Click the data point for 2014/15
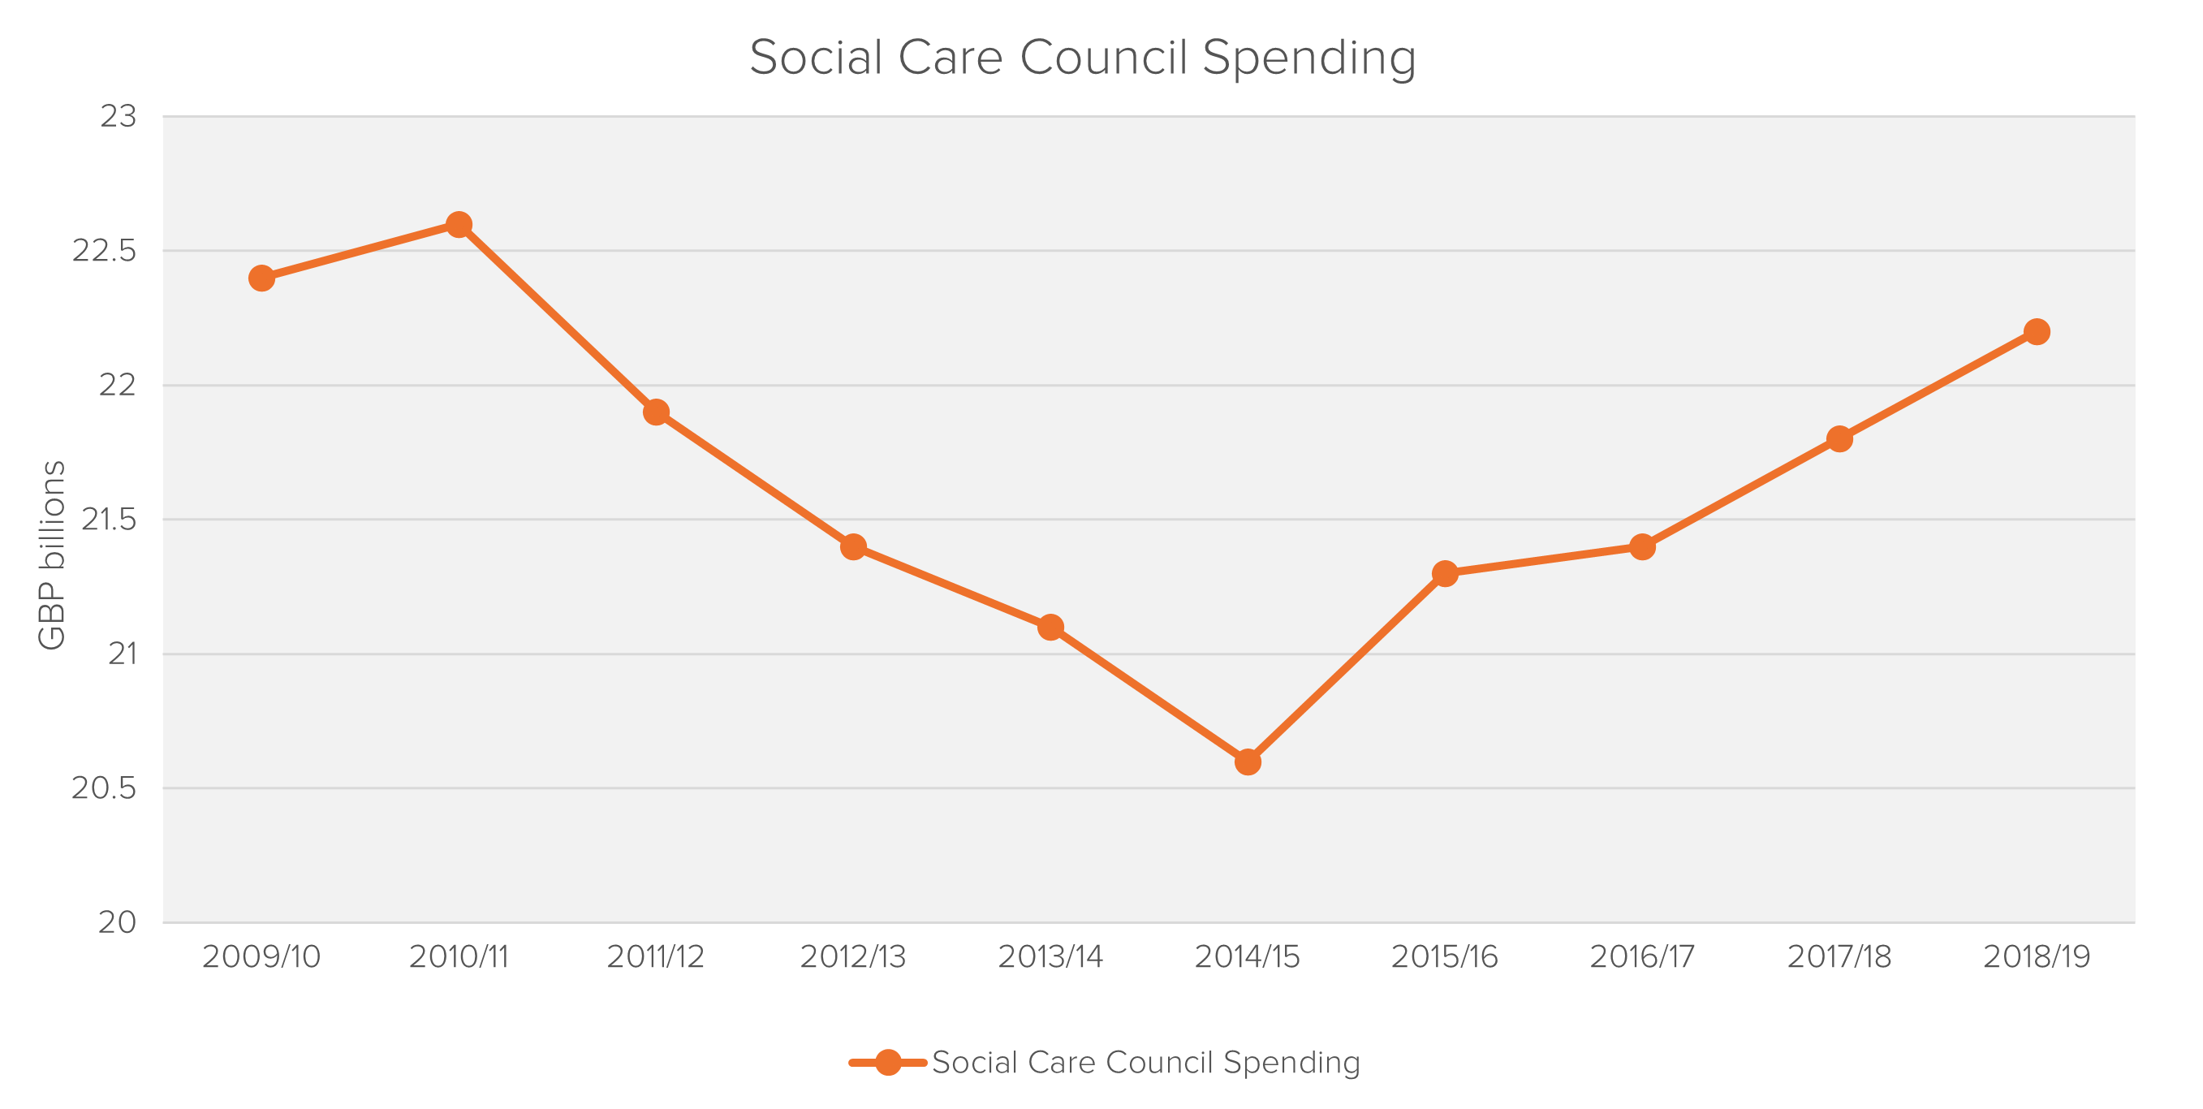(x=1248, y=761)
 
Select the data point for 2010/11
(x=459, y=225)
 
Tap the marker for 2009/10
(x=261, y=278)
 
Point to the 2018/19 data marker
(x=2037, y=332)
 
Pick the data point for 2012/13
(x=852, y=546)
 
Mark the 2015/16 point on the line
(x=1444, y=573)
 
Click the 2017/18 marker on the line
(x=1839, y=438)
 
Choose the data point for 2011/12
(x=656, y=412)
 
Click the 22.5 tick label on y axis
(x=105, y=251)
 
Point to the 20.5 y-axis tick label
(x=105, y=788)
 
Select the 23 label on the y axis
(x=118, y=116)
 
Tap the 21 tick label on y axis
(x=122, y=654)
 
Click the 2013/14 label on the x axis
(x=1050, y=956)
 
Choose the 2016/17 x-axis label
(x=1642, y=956)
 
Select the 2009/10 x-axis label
(x=261, y=956)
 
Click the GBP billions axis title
(x=52, y=555)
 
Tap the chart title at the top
(x=1083, y=58)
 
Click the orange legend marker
(x=888, y=1063)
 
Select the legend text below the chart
(x=1146, y=1063)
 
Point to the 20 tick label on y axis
(x=117, y=921)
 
